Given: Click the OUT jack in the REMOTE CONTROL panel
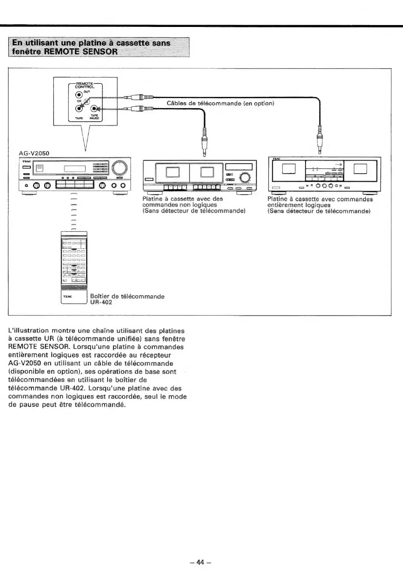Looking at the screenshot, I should tap(79, 95).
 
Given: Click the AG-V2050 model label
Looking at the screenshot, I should tap(34, 153).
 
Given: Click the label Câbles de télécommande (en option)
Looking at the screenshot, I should tap(221, 103).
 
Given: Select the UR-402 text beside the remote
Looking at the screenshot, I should tap(101, 302).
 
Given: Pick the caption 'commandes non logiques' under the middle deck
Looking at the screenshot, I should tap(179, 205).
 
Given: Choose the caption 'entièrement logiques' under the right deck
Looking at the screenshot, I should tap(299, 205).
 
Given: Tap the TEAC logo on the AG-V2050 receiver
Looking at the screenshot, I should tap(26, 162).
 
